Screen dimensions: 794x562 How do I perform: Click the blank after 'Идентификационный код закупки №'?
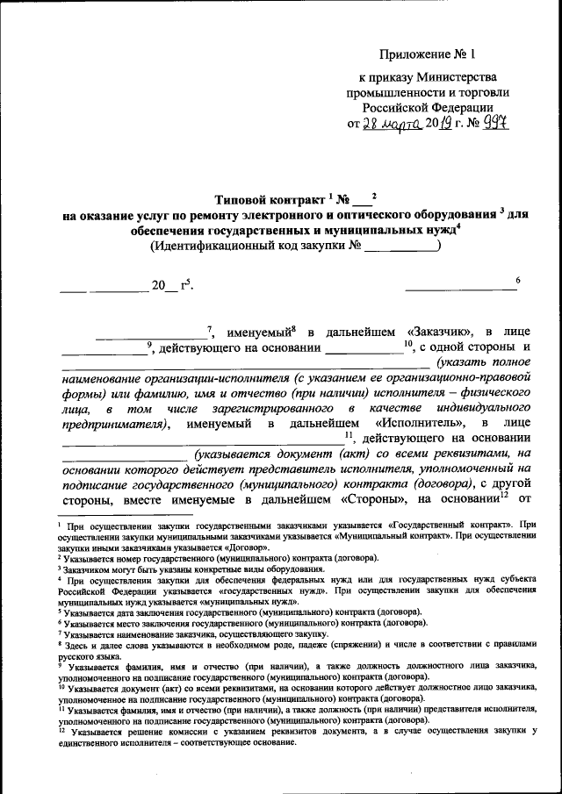pyautogui.click(x=401, y=247)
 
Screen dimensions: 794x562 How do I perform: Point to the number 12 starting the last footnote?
pyautogui.click(x=61, y=728)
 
